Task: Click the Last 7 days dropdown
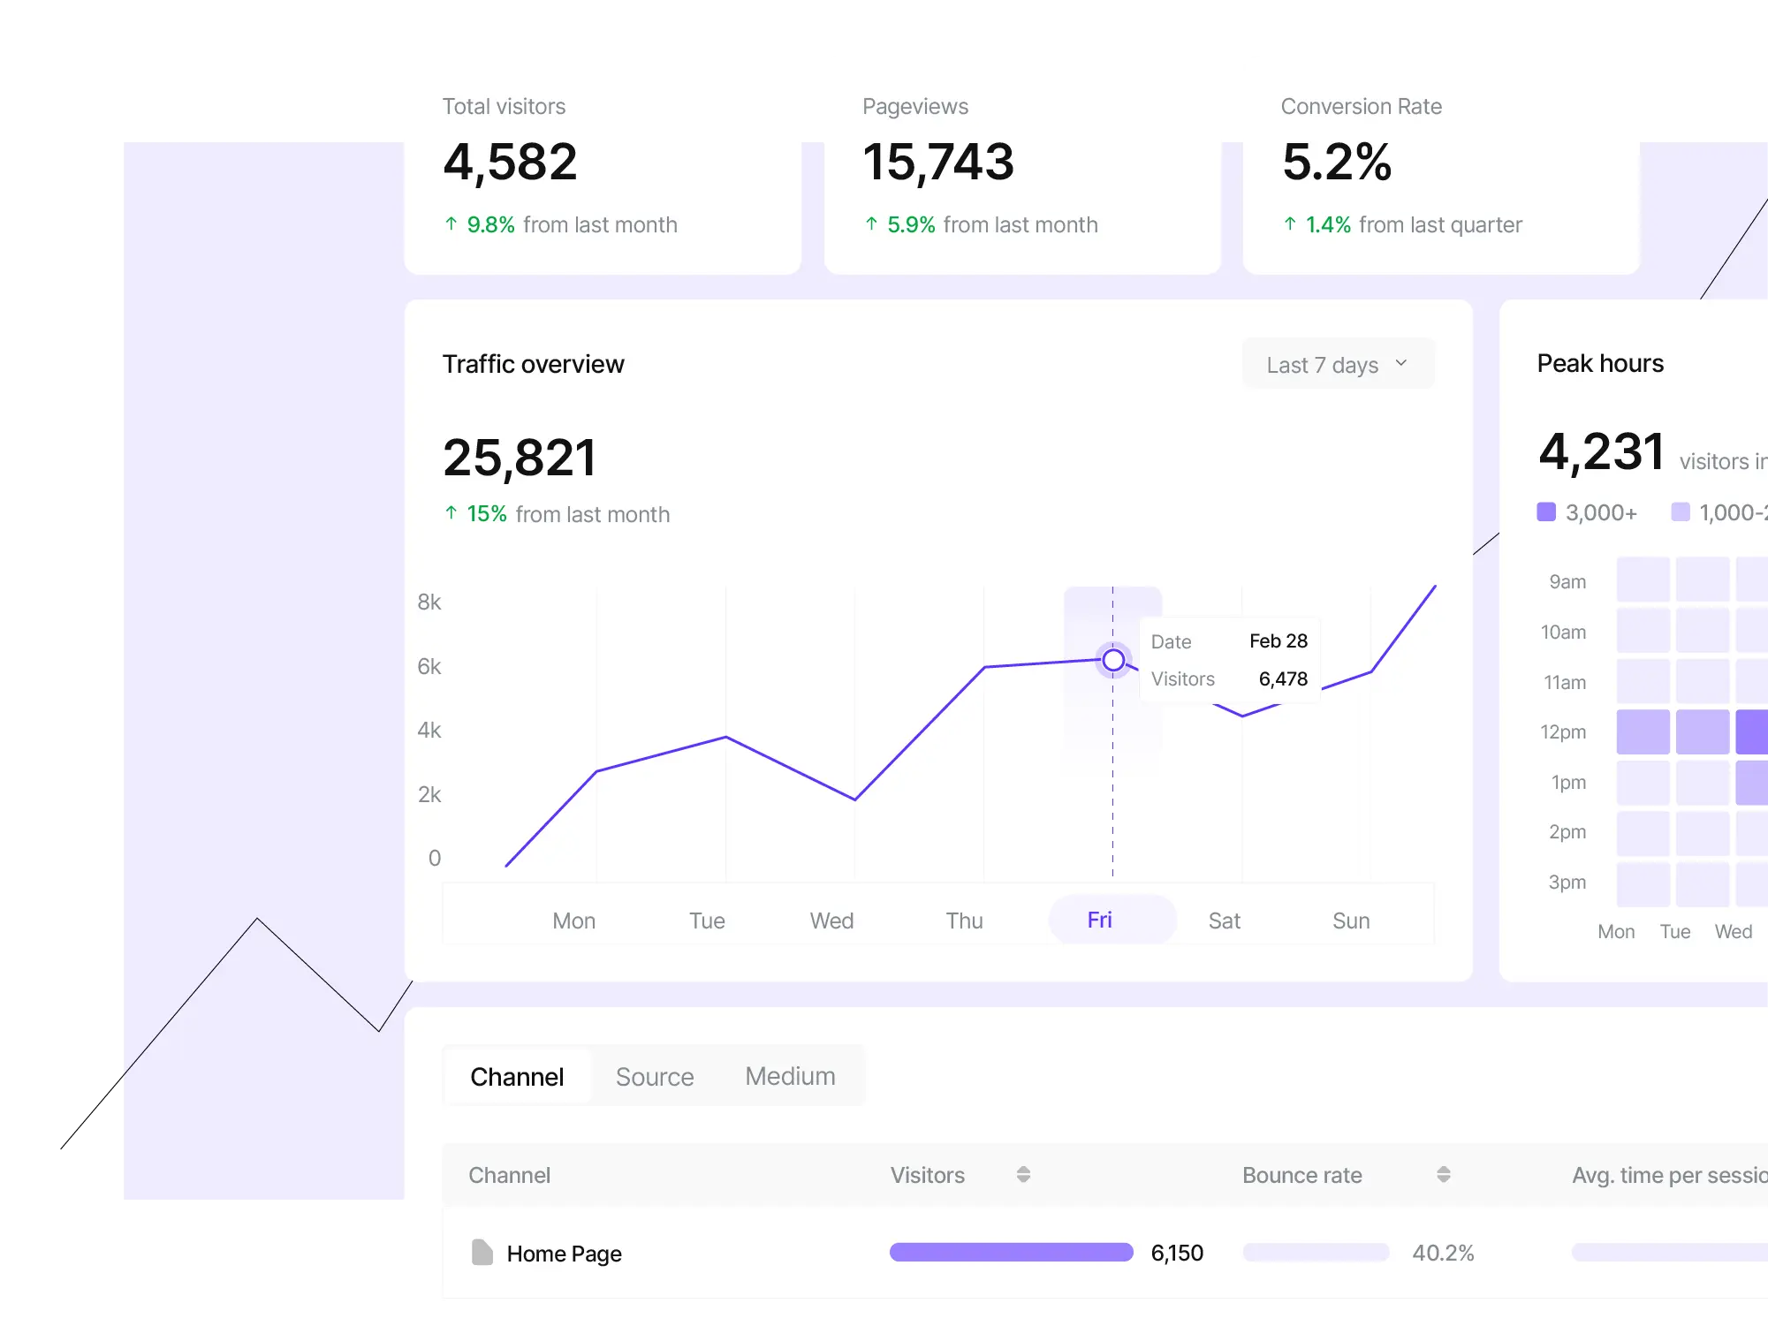pos(1337,364)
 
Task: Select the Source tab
pos(654,1077)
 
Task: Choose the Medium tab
pos(790,1076)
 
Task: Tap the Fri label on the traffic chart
pos(1100,920)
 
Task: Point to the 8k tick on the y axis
pos(429,602)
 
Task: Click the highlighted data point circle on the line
pos(1113,660)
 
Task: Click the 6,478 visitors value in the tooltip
pos(1283,678)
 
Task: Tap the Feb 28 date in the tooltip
pos(1278,640)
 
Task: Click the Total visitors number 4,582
pos(510,163)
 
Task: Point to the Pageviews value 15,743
pos(937,163)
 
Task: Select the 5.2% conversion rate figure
pos(1336,163)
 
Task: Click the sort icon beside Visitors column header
pos(1023,1174)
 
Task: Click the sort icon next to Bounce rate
pos(1443,1174)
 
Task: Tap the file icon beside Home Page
pos(482,1252)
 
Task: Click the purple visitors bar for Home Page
pos(1011,1252)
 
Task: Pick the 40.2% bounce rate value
pos(1443,1253)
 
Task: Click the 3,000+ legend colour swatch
pos(1546,511)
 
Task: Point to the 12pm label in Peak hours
pos(1563,731)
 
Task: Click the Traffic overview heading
pos(533,364)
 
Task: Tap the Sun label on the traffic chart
pos(1351,921)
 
